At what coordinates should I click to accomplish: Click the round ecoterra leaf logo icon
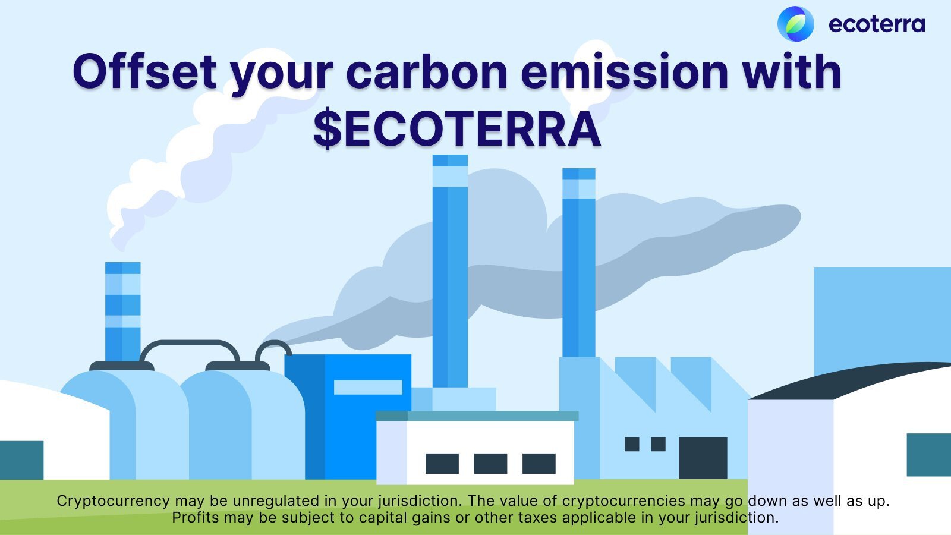tap(796, 24)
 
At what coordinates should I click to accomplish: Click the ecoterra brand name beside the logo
tap(876, 24)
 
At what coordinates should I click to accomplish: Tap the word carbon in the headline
tap(427, 71)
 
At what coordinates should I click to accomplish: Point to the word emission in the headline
tap(625, 71)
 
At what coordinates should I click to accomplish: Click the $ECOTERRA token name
tap(457, 128)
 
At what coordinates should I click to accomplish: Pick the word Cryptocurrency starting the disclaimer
tap(114, 502)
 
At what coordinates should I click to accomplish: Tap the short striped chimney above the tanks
tap(122, 311)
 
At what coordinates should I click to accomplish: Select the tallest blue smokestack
tap(450, 271)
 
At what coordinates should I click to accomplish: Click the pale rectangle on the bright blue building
tap(368, 387)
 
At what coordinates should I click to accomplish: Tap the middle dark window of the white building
tap(490, 463)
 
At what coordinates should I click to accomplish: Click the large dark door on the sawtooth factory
tap(703, 458)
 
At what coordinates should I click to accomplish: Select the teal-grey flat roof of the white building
tap(477, 416)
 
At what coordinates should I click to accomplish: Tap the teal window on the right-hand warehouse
tap(929, 455)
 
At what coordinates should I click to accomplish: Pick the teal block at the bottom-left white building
tap(21, 460)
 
